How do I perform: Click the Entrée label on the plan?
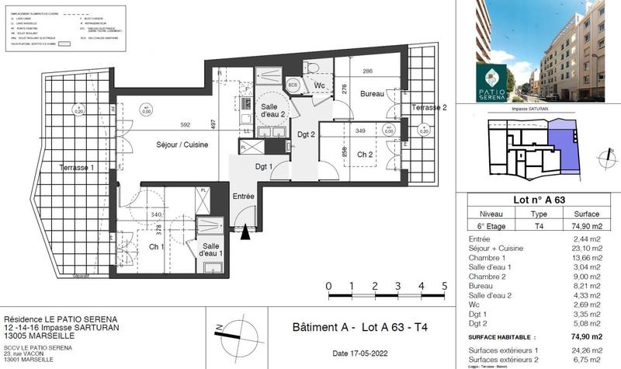pyautogui.click(x=244, y=197)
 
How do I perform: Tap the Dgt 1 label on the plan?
pyautogui.click(x=266, y=166)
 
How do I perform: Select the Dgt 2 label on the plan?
pyautogui.click(x=307, y=134)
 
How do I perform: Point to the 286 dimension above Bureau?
pyautogui.click(x=369, y=71)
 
